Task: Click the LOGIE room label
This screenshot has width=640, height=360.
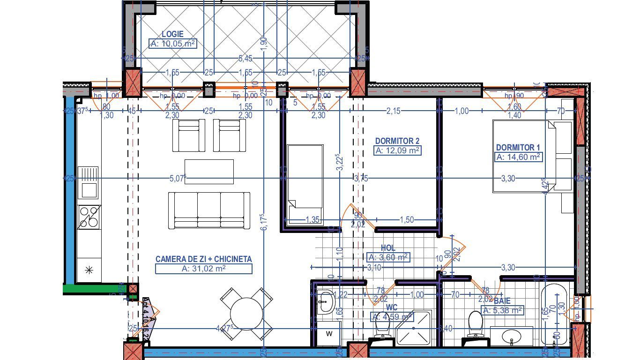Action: coord(172,34)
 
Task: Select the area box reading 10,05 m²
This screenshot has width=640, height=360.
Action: coord(172,44)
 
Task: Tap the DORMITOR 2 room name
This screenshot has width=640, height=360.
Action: coord(397,141)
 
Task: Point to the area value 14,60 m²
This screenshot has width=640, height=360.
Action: coord(519,157)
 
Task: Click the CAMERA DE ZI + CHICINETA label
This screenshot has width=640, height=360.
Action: coord(204,259)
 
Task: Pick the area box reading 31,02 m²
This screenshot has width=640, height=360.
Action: coord(204,269)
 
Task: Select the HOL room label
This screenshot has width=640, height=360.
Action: coord(388,248)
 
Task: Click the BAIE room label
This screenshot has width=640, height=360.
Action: coord(502,301)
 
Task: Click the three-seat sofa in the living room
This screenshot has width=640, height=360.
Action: coord(209,210)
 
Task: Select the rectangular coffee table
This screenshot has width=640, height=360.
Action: coord(209,172)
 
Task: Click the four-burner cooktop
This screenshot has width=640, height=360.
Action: coord(89,217)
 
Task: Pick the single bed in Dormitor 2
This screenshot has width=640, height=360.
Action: coord(305,183)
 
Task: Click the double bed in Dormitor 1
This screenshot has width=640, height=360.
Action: coord(525,156)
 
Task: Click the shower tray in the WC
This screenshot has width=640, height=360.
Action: coord(413,328)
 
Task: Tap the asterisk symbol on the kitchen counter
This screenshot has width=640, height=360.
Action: coord(88,270)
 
